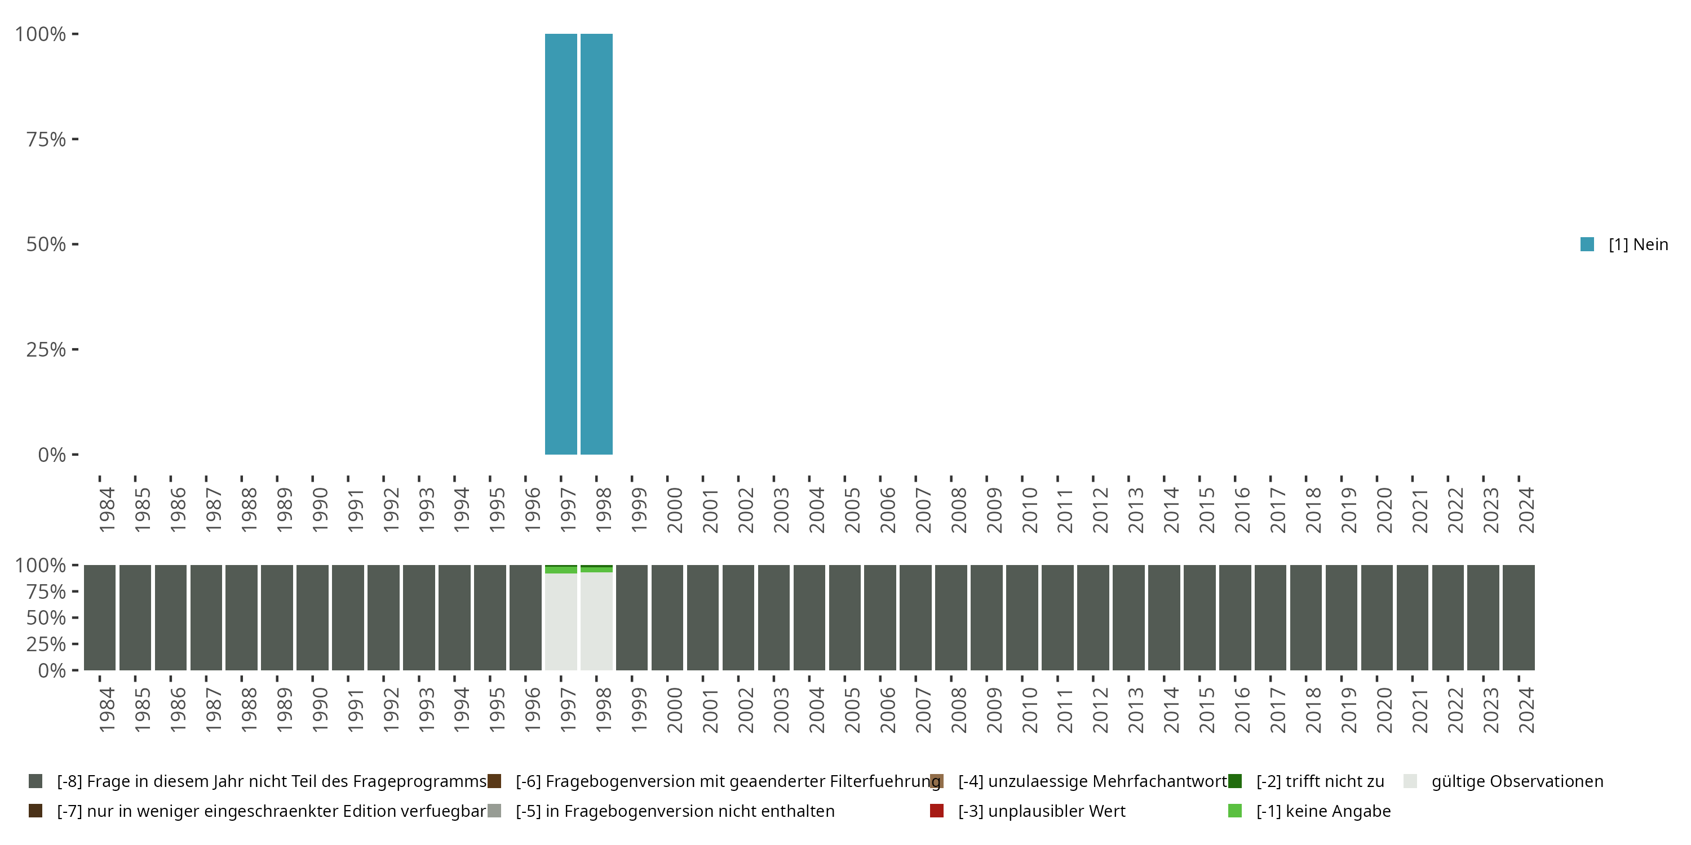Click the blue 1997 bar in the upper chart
[561, 244]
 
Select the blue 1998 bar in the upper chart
[596, 244]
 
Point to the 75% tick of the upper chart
[46, 139]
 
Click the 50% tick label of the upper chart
[46, 244]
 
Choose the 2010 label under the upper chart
[1029, 510]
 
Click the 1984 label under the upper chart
[107, 510]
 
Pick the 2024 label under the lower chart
[1526, 710]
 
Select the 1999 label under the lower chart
[639, 710]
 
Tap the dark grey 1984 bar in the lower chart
[100, 617]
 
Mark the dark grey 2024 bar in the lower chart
[1519, 617]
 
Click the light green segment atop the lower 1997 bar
[561, 570]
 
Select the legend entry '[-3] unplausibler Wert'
[1041, 811]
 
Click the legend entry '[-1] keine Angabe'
[1323, 811]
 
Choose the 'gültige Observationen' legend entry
[1516, 781]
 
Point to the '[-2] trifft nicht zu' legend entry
[1320, 781]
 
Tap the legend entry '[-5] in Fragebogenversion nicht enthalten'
[675, 811]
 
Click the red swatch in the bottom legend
[937, 811]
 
